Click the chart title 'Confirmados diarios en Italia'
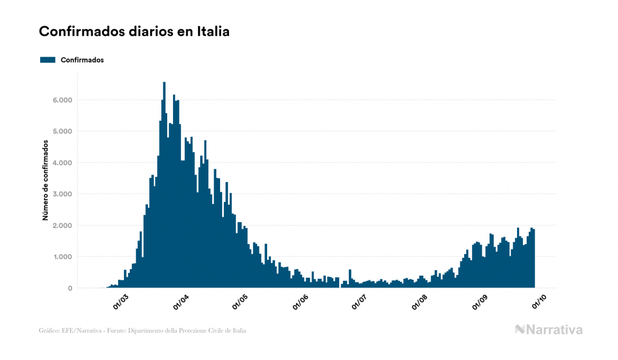coord(134,32)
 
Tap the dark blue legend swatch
coord(48,60)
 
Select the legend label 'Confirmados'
coord(82,60)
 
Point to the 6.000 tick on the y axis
coord(62,100)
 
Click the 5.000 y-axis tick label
coord(62,131)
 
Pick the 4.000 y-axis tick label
coord(62,163)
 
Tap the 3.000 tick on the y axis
coord(62,194)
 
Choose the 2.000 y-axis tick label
coord(62,225)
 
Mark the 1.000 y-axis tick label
coord(62,257)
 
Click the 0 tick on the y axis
coord(69,288)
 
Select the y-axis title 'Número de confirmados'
coord(45,181)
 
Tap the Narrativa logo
coord(549,330)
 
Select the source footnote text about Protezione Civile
coord(143,331)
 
